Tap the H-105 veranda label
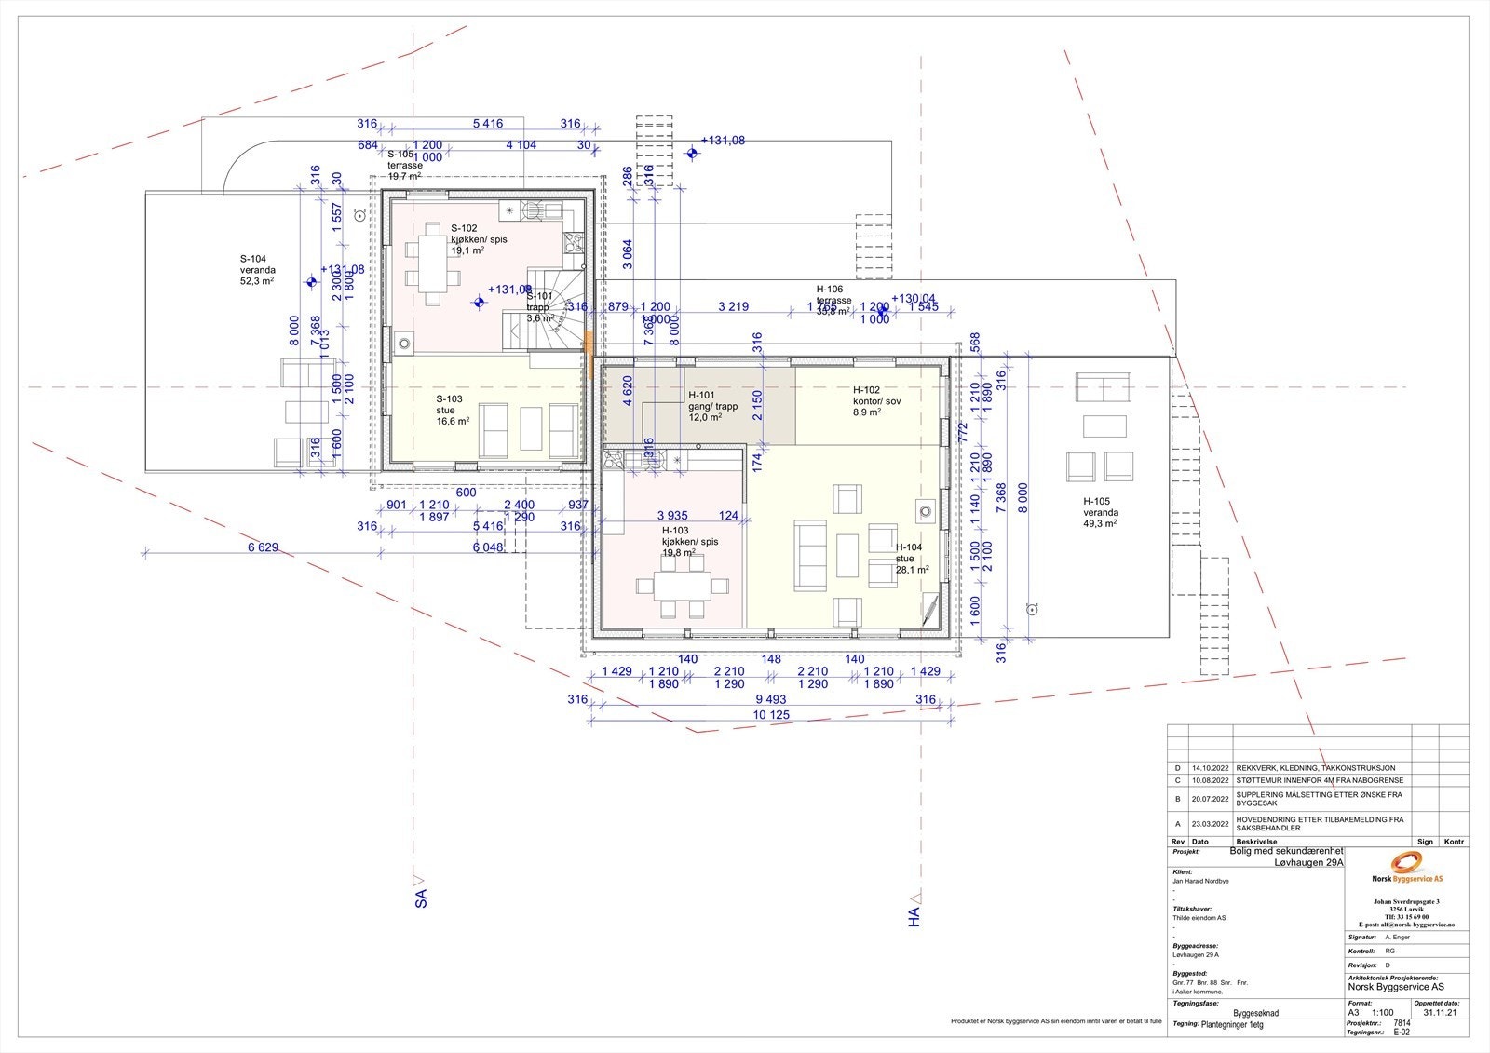pyautogui.click(x=1100, y=512)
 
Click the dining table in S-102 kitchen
pyautogui.click(x=431, y=263)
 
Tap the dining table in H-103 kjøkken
pyautogui.click(x=682, y=587)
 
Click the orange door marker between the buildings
pyautogui.click(x=589, y=355)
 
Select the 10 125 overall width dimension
pyautogui.click(x=770, y=715)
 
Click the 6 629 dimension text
pyautogui.click(x=264, y=547)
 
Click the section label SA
pyautogui.click(x=420, y=896)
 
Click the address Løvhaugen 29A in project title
pyautogui.click(x=1308, y=863)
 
